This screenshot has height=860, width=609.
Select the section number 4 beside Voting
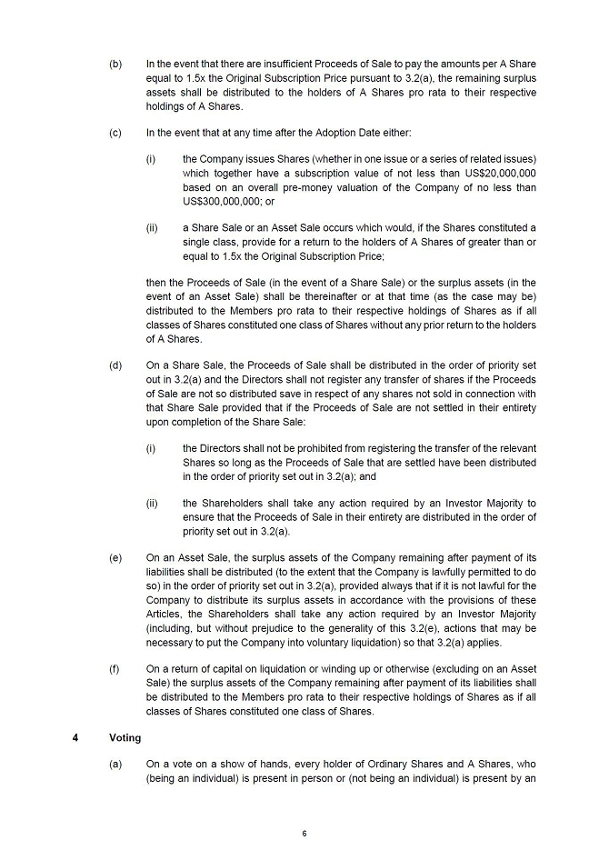pyautogui.click(x=75, y=737)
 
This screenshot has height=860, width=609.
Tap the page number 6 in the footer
pyautogui.click(x=304, y=833)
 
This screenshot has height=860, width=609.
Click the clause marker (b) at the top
pyautogui.click(x=115, y=65)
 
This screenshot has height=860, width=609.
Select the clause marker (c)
pyautogui.click(x=115, y=133)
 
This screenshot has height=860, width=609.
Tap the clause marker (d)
pyautogui.click(x=115, y=365)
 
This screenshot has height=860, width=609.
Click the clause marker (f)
pyautogui.click(x=115, y=669)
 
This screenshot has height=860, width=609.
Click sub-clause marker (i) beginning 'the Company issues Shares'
pyautogui.click(x=151, y=159)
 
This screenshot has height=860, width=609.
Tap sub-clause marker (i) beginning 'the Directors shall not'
pyautogui.click(x=151, y=448)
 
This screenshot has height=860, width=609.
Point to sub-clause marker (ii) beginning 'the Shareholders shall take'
pyautogui.click(x=153, y=503)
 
